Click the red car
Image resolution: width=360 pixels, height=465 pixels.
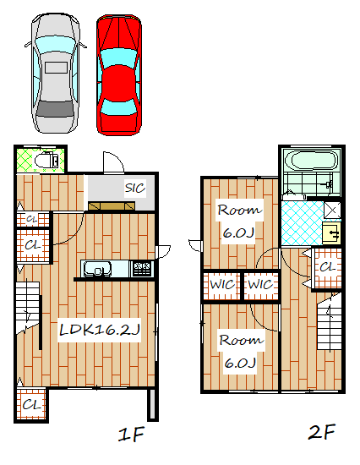coord(119,74)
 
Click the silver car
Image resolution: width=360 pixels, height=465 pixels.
coord(55,73)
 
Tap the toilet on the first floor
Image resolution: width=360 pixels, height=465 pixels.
coord(46,161)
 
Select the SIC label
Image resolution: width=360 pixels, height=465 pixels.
coord(135,188)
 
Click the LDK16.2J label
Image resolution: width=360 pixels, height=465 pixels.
coord(100,330)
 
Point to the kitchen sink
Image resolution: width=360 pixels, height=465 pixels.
coord(97,269)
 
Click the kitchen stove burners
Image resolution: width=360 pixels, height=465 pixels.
coord(142,269)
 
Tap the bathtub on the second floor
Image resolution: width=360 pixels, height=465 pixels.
coord(310,161)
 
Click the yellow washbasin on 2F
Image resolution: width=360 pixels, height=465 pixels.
coord(331,233)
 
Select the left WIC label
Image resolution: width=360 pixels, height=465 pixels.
coord(222,285)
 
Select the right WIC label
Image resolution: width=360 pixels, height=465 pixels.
coord(260,285)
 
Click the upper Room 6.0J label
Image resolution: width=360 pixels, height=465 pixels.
coord(239,221)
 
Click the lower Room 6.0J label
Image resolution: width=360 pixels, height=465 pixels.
coord(241,352)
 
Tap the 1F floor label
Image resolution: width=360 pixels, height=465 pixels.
coord(131,435)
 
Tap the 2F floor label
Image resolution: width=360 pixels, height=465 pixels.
coord(322,432)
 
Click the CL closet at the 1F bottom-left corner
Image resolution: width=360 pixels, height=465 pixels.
coord(31,404)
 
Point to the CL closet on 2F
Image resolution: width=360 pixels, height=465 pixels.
coord(327,268)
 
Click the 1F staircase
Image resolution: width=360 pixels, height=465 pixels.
coord(27,307)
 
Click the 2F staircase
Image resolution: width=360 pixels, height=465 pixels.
coord(330,321)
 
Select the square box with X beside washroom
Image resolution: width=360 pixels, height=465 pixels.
coord(332,211)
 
